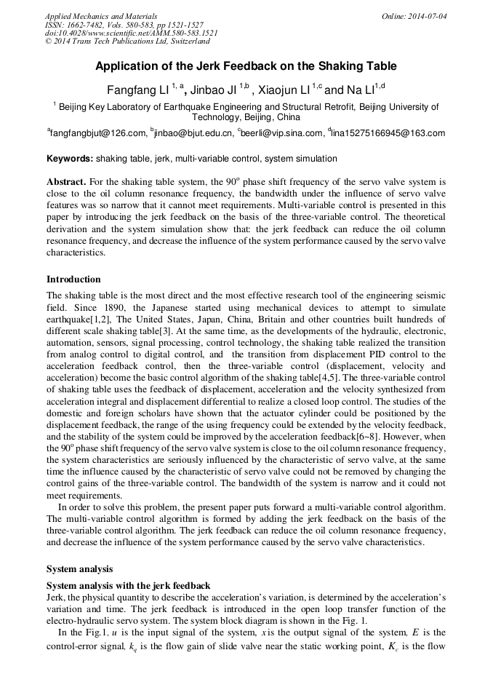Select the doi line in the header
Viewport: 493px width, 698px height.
coord(131,33)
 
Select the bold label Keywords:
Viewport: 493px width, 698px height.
coord(70,159)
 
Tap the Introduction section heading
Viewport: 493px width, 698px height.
coord(73,279)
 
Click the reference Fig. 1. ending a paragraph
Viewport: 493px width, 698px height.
coord(356,621)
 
